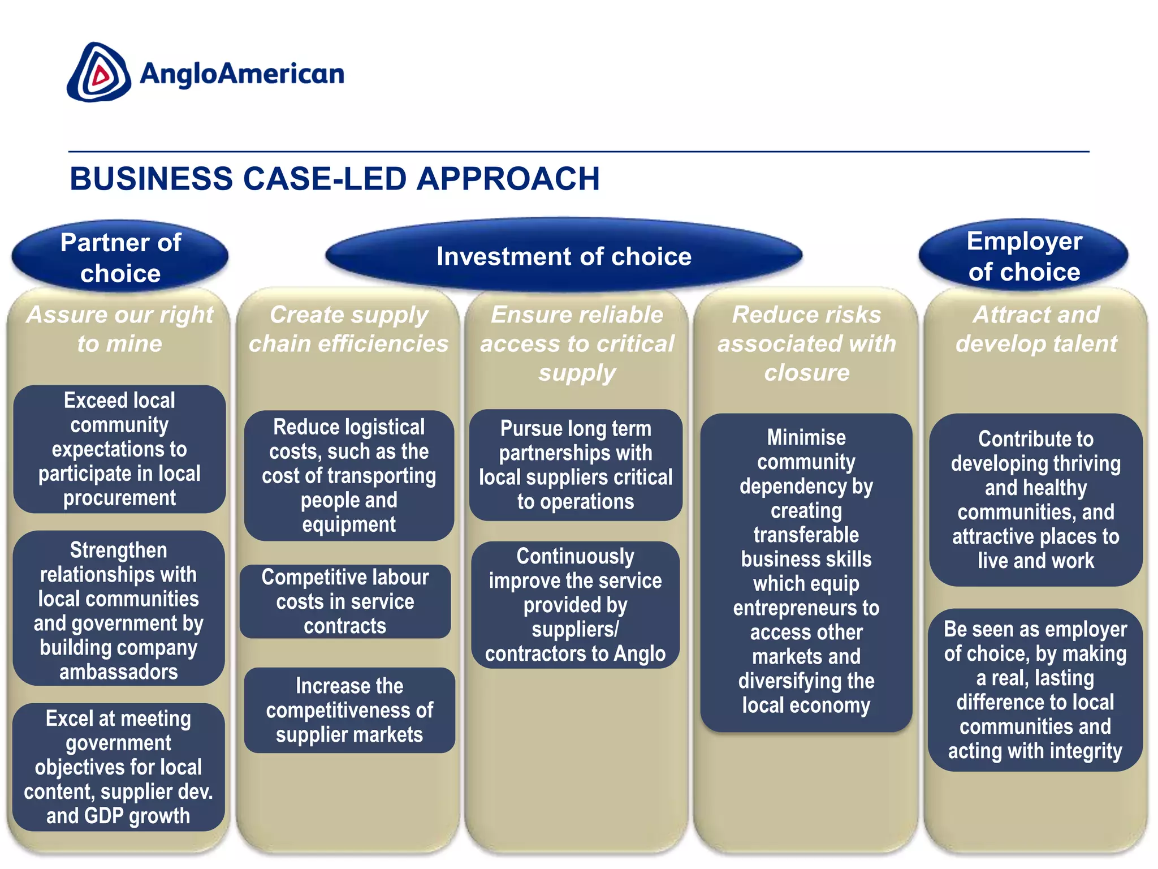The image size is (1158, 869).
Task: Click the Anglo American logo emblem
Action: pyautogui.click(x=99, y=72)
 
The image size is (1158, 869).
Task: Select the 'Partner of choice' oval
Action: pyautogui.click(x=120, y=257)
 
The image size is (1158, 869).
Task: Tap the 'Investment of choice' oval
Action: pyautogui.click(x=564, y=256)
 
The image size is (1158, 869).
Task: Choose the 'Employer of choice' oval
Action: pyautogui.click(x=1024, y=256)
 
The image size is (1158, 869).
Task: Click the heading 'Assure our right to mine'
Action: pyautogui.click(x=120, y=329)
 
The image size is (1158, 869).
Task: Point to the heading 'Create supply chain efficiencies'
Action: pyautogui.click(x=348, y=329)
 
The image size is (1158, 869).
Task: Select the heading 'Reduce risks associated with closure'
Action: pyautogui.click(x=806, y=343)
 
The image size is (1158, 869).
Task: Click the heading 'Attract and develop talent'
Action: pyautogui.click(x=1036, y=329)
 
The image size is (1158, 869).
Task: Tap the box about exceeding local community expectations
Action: pyautogui.click(x=119, y=449)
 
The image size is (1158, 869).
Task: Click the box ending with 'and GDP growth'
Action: pyautogui.click(x=118, y=767)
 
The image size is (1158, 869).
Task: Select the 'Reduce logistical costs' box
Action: pyautogui.click(x=349, y=475)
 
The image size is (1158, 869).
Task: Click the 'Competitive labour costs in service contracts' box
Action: pyautogui.click(x=345, y=601)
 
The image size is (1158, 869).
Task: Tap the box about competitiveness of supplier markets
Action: pyautogui.click(x=349, y=710)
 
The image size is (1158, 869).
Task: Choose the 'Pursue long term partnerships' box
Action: pyautogui.click(x=576, y=465)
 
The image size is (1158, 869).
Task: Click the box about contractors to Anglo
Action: pyautogui.click(x=575, y=605)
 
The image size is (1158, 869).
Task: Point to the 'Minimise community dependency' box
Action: pyautogui.click(x=806, y=571)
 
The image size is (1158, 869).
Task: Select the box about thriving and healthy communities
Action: pyautogui.click(x=1036, y=500)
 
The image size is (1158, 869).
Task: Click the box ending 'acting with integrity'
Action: pyautogui.click(x=1035, y=690)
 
